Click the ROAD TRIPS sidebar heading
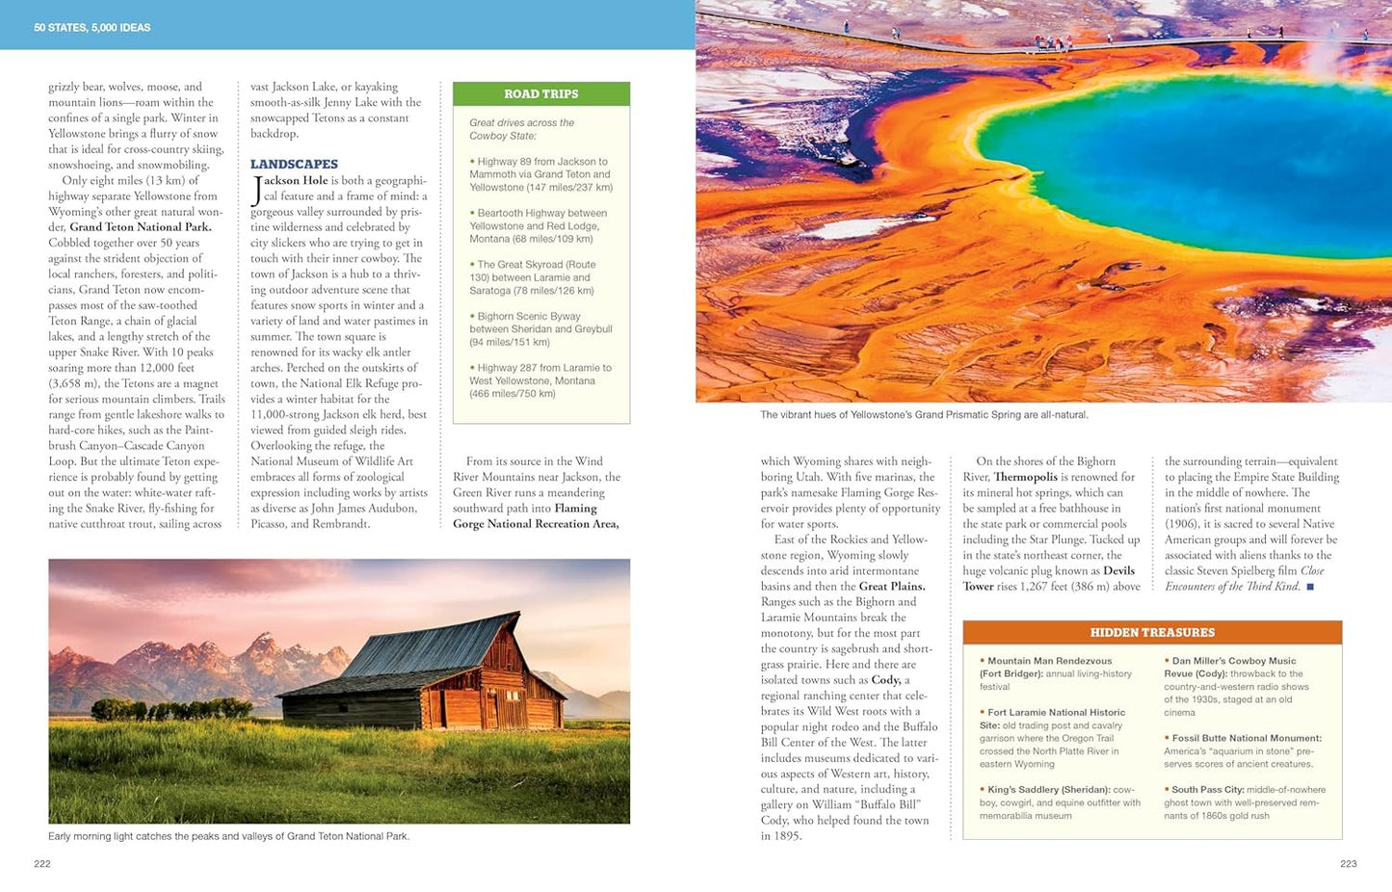coord(540,93)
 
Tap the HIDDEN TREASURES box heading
coord(1152,633)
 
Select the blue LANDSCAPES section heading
coord(294,164)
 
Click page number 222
coord(42,864)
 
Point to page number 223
coord(1348,864)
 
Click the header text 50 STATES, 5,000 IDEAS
coord(92,28)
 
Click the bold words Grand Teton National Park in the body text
coord(141,227)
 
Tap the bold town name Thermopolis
coord(1025,477)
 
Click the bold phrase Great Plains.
coord(892,587)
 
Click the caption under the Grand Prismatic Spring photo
coord(924,415)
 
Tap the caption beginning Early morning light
coord(228,836)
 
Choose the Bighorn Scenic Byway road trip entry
coord(540,328)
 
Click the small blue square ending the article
coord(1310,587)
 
